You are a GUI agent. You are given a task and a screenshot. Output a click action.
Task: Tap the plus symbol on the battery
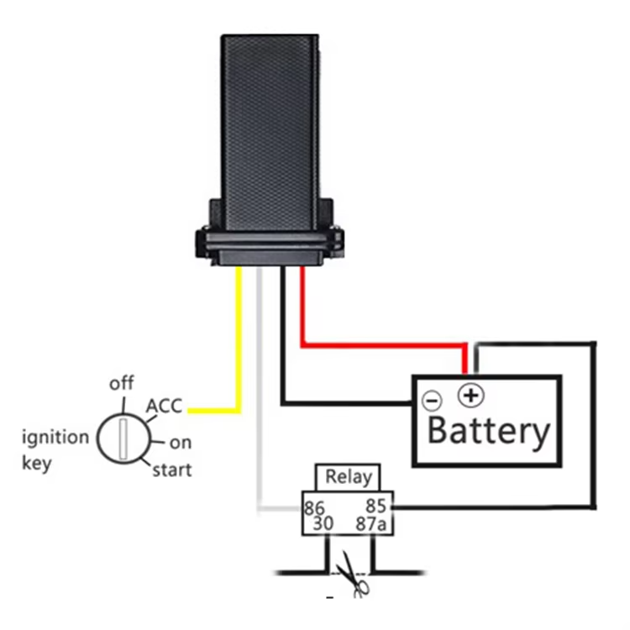[469, 394]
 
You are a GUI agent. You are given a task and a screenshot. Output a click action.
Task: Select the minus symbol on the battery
[431, 401]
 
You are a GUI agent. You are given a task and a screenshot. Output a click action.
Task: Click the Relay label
[348, 477]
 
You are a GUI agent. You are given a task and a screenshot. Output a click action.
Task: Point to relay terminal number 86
[314, 507]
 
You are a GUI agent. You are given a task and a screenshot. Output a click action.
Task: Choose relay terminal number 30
[323, 524]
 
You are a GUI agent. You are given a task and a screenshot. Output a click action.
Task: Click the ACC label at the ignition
[165, 407]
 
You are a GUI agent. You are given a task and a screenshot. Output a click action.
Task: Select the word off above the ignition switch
[122, 384]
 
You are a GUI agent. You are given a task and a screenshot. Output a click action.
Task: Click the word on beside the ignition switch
[180, 443]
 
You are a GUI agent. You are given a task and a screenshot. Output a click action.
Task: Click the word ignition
[55, 437]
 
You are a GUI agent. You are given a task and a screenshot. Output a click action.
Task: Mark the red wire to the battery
[378, 344]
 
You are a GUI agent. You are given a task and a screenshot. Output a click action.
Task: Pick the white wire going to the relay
[260, 395]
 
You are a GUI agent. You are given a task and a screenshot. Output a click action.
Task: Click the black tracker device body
[270, 126]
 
